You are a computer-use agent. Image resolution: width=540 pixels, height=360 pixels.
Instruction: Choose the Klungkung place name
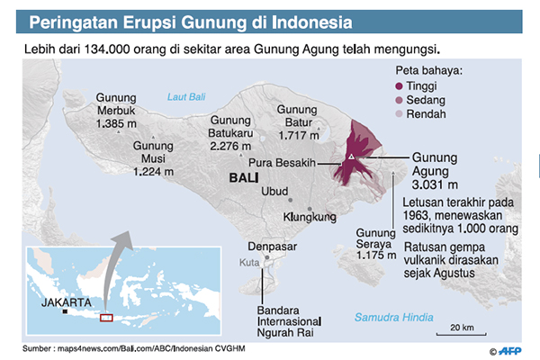(x=309, y=217)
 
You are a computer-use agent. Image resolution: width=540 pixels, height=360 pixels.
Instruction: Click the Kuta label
(x=248, y=262)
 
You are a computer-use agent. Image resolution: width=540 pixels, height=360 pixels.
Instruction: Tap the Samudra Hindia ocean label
(x=392, y=318)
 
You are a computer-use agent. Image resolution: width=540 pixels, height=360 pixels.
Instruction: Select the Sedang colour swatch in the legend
(x=400, y=99)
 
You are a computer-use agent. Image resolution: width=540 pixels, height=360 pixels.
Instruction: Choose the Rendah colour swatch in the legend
(x=400, y=113)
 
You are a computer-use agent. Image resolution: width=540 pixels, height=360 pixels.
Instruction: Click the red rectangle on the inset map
(x=106, y=316)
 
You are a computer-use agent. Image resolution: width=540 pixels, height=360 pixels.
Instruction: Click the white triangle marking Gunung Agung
(x=351, y=158)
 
